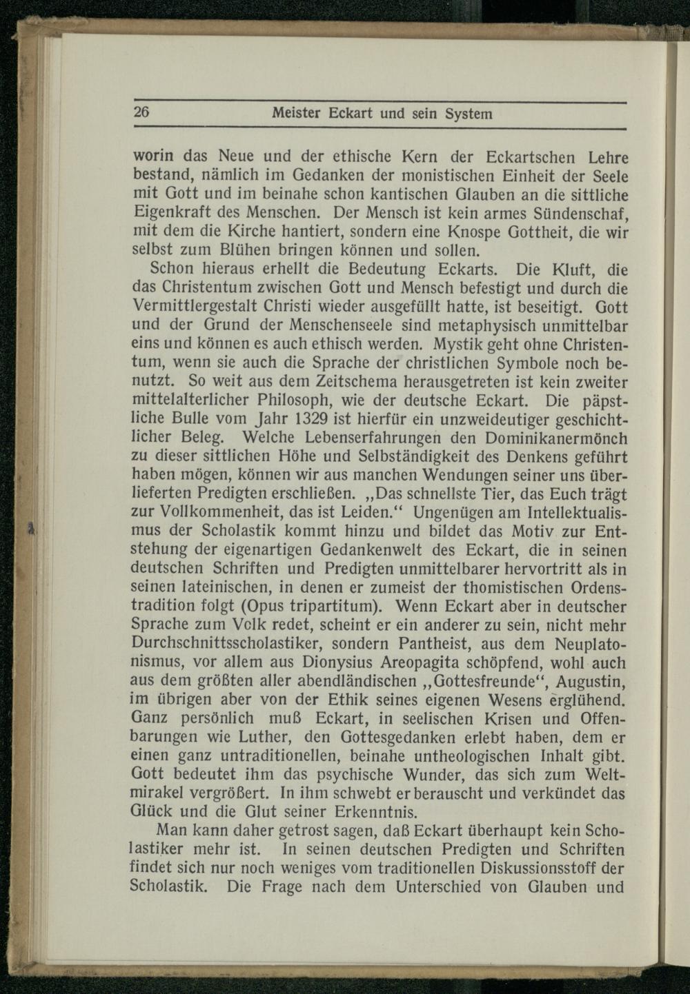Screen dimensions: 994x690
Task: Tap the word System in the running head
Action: tap(469, 114)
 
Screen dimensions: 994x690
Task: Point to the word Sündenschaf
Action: tap(581, 212)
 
